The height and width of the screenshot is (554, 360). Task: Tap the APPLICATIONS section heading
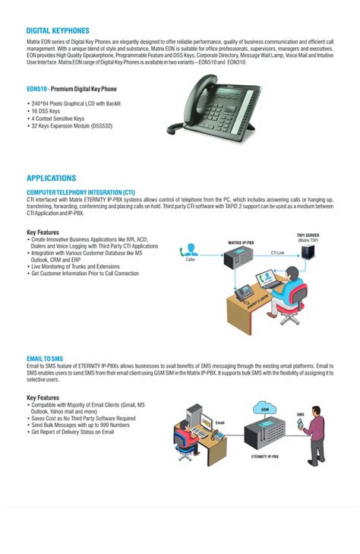[51, 178]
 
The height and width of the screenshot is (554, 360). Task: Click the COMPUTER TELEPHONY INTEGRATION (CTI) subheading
[81, 192]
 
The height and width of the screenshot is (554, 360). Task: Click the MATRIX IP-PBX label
[241, 242]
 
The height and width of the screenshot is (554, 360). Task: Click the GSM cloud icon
[265, 408]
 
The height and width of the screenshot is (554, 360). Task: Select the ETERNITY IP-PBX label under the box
[266, 456]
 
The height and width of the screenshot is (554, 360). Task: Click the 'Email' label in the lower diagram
[220, 423]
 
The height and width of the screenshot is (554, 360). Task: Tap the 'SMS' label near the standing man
[300, 414]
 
